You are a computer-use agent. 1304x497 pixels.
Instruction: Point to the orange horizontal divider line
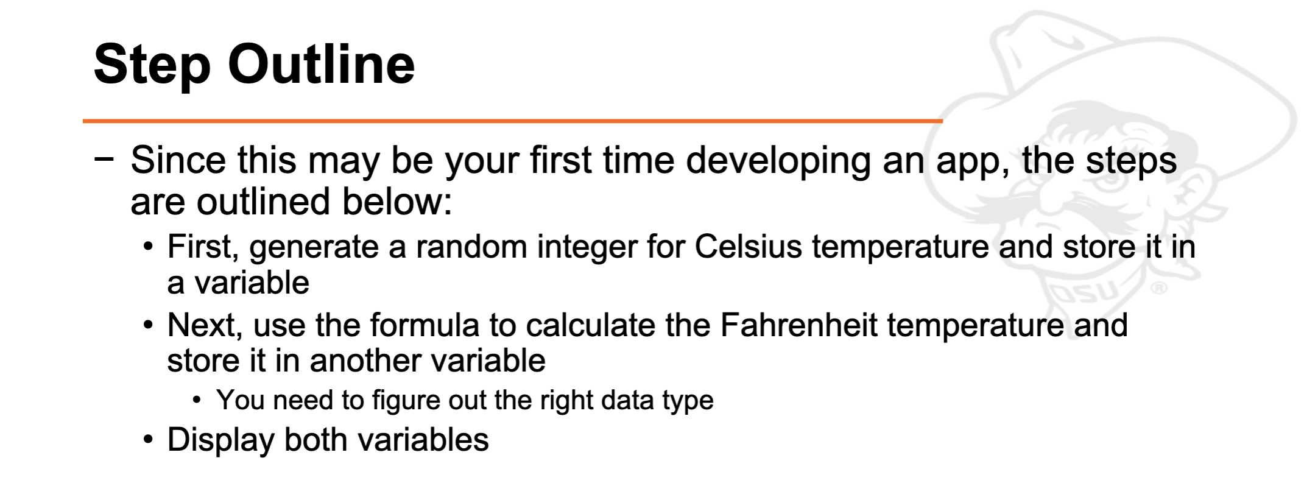tap(512, 121)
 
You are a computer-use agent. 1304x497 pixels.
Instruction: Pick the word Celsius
tap(749, 247)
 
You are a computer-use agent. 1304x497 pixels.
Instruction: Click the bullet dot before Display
tap(148, 439)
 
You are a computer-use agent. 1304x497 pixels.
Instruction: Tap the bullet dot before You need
tap(197, 400)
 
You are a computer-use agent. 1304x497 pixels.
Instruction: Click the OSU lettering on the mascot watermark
tap(1090, 293)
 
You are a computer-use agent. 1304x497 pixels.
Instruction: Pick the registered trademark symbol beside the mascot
tap(1158, 287)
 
